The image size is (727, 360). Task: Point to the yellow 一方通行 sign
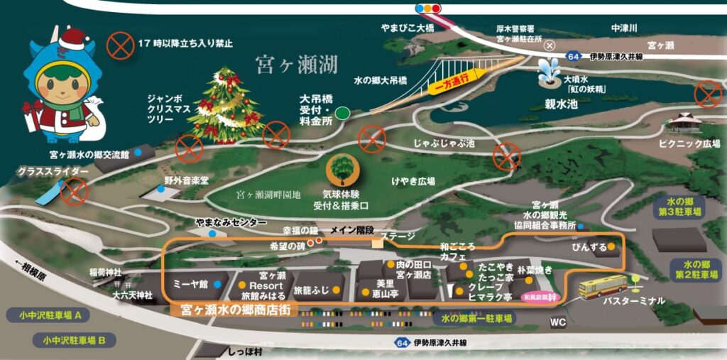tap(452, 80)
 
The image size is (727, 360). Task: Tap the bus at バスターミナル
tap(602, 285)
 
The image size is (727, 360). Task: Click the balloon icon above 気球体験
tap(342, 170)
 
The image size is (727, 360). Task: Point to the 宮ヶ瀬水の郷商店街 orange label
tap(230, 310)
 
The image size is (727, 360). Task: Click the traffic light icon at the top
tap(428, 9)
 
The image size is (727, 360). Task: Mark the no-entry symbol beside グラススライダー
tap(73, 191)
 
